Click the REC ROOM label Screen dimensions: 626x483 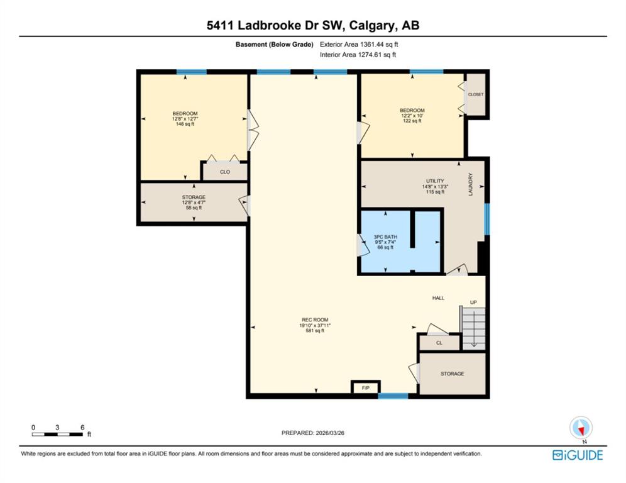(x=315, y=319)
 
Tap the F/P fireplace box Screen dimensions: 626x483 (x=366, y=387)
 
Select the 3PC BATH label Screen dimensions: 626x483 (x=385, y=237)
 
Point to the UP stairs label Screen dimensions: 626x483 (x=473, y=303)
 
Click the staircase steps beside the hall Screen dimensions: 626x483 (x=473, y=328)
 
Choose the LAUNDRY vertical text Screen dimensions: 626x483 (x=470, y=184)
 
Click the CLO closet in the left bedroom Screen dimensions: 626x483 (x=225, y=172)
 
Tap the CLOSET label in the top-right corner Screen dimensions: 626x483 (x=476, y=95)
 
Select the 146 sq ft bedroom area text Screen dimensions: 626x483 (x=185, y=125)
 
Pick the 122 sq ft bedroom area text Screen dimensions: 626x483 (x=412, y=121)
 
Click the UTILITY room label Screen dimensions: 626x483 (x=435, y=181)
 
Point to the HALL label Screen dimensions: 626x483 (x=438, y=298)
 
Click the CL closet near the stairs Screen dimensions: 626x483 (x=439, y=343)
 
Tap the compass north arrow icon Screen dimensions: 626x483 (x=581, y=428)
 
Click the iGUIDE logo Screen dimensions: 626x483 (x=578, y=455)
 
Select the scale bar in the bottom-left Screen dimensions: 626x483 (x=57, y=435)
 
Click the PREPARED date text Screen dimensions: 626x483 (x=313, y=433)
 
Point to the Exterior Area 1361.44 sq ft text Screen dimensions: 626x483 (x=359, y=45)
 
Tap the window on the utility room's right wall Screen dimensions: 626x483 (x=487, y=219)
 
